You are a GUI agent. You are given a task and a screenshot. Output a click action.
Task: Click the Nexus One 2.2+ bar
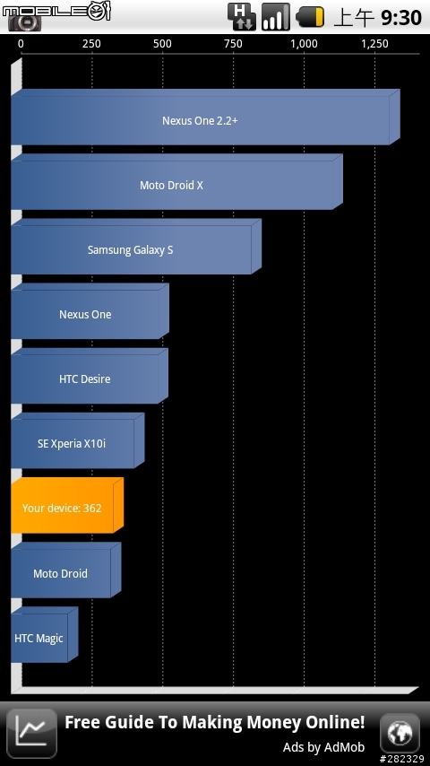[x=205, y=118]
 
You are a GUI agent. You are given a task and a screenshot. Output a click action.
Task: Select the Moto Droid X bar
[x=176, y=182]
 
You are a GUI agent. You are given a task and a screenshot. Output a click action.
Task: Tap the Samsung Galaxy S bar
[x=135, y=247]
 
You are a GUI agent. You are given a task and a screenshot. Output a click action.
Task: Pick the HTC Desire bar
[x=90, y=376]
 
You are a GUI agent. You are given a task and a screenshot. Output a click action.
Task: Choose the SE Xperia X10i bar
[x=78, y=440]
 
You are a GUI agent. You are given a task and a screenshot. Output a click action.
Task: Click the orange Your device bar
[x=67, y=505]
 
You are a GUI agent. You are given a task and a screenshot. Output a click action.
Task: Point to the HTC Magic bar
[x=45, y=634]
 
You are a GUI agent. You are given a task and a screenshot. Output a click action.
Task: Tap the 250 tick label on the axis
[x=91, y=44]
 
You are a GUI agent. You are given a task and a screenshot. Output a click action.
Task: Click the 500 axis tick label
[x=162, y=44]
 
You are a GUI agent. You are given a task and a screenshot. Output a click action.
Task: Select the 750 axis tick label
[x=233, y=44]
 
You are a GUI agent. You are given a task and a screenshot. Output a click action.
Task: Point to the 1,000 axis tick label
[x=304, y=44]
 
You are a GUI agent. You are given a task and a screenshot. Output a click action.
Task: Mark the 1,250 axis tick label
[x=374, y=44]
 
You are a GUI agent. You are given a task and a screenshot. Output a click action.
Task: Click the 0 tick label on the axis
[x=21, y=44]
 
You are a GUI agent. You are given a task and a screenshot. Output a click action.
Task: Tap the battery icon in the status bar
[x=311, y=17]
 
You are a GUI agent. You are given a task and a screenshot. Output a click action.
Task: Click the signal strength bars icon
[x=276, y=17]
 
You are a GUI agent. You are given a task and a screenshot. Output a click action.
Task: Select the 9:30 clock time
[x=401, y=18]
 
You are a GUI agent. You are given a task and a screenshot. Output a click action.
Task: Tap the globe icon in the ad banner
[x=400, y=734]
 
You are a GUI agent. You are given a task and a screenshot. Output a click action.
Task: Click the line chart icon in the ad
[x=31, y=734]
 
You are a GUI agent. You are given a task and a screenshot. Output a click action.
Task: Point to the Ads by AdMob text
[x=323, y=747]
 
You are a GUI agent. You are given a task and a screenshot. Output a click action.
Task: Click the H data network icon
[x=242, y=17]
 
